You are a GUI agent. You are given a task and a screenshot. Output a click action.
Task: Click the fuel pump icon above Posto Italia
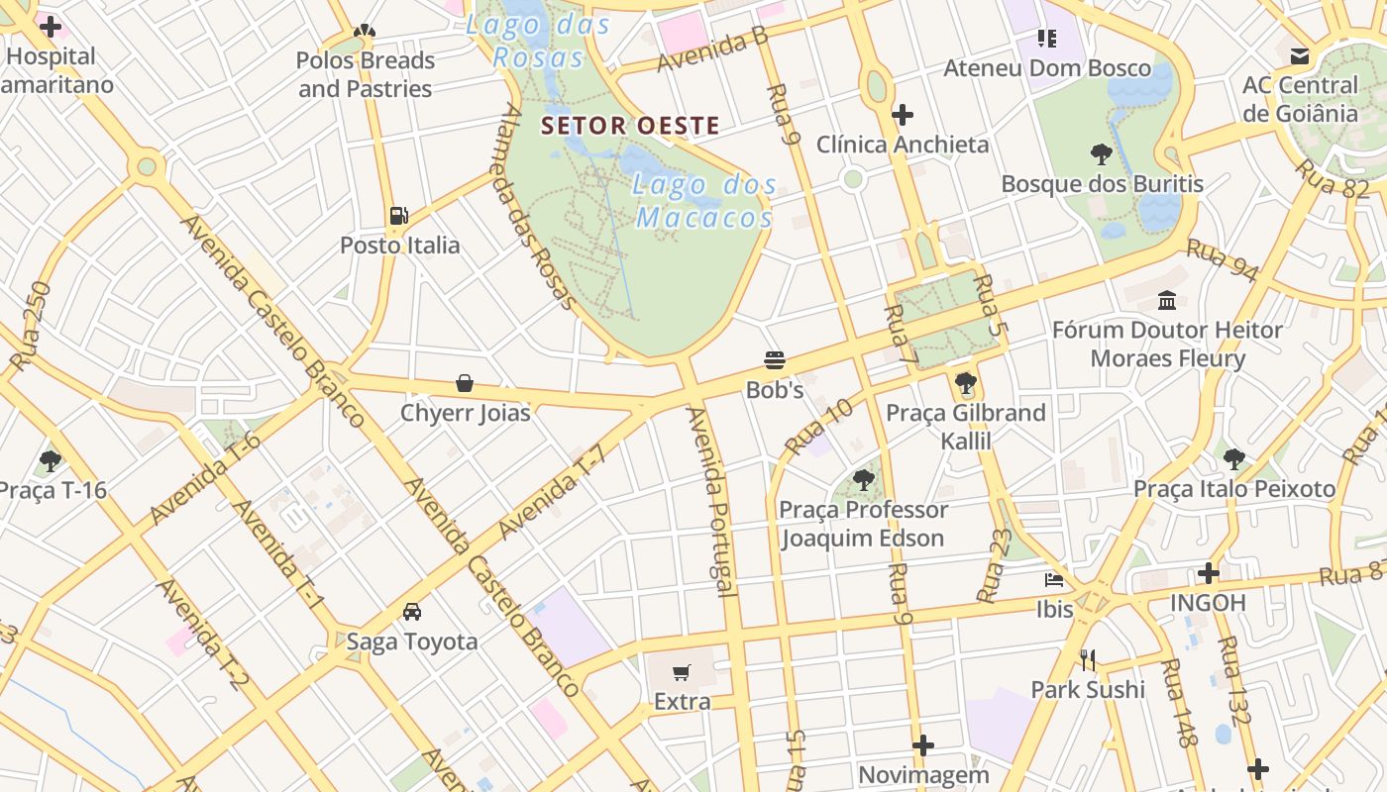pos(399,215)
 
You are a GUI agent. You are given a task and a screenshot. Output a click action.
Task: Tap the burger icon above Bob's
pos(775,359)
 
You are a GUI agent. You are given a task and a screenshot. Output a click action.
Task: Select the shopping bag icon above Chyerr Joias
pos(465,382)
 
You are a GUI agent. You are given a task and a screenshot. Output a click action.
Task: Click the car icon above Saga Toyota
pos(412,611)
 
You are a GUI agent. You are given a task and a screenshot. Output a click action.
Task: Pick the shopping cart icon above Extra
pos(682,672)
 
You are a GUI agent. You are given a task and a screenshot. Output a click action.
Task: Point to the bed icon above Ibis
pos(1054,579)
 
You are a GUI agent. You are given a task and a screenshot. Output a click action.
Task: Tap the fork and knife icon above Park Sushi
pos(1088,659)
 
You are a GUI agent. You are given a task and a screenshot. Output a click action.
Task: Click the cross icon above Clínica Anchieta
pos(902,115)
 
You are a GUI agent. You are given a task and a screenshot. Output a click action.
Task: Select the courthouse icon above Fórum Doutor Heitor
pos(1167,299)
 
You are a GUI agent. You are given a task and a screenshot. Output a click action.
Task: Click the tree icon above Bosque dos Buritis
pos(1101,153)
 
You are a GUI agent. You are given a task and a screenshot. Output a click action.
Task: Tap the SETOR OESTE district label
pos(630,126)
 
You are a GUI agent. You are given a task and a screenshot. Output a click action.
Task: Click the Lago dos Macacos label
pos(702,200)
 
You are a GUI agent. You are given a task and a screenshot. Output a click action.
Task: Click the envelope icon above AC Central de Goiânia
pos(1300,56)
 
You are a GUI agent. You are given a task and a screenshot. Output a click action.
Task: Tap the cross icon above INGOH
pos(1208,572)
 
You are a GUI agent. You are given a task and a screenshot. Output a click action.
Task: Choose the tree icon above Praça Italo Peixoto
pos(1233,458)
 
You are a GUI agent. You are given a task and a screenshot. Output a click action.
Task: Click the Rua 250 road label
pos(31,326)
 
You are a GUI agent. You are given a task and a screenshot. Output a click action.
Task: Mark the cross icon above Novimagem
pos(923,744)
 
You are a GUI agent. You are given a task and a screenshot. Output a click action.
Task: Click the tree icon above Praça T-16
pos(51,460)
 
